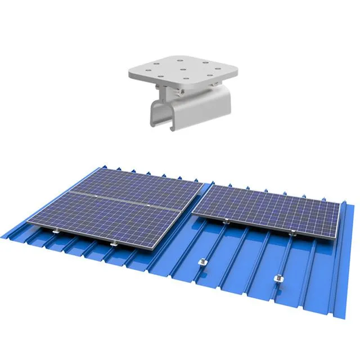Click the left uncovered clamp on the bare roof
pyautogui.click(x=202, y=263)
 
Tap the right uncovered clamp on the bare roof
pyautogui.click(x=277, y=279)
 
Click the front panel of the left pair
pyautogui.click(x=112, y=217)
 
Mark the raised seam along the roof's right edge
pyautogui.click(x=337, y=281)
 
